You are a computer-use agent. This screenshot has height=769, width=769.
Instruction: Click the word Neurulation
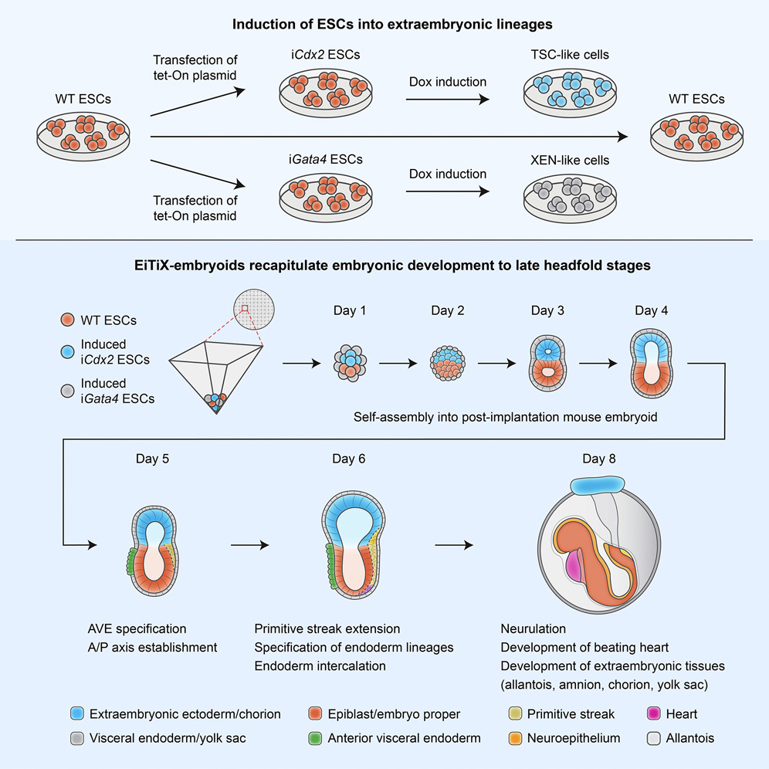click(x=533, y=629)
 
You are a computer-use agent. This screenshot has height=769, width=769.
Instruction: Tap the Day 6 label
click(x=349, y=459)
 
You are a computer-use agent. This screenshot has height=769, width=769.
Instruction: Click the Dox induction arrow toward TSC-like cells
click(x=450, y=100)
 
